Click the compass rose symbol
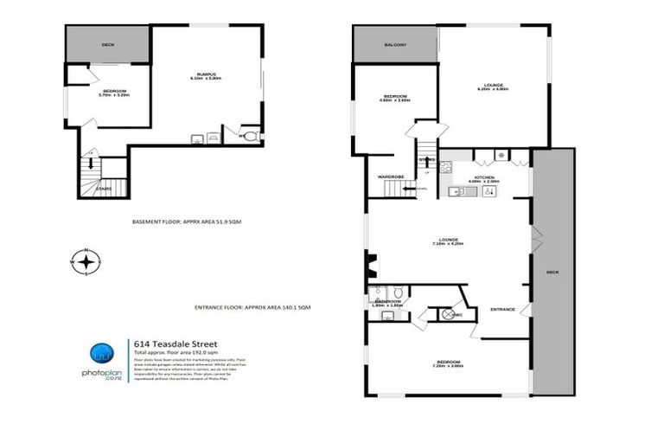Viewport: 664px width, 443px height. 86,261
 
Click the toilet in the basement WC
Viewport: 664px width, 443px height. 250,136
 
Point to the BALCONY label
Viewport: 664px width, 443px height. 394,44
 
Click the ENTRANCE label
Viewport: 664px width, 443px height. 502,309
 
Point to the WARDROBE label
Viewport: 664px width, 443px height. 391,177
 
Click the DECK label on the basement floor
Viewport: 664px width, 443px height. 108,44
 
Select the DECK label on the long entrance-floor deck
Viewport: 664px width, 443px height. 552,273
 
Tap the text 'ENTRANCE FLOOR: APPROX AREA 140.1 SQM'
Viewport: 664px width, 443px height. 253,307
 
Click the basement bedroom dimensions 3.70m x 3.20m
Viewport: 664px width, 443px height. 115,95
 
